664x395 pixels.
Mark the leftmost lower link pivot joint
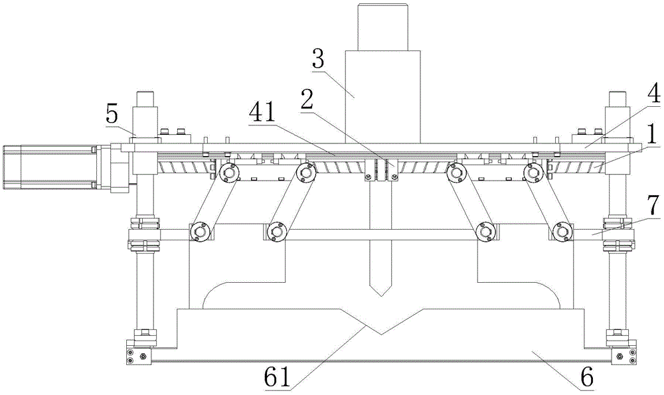[x=198, y=232]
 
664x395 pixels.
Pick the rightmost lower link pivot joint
[x=562, y=232]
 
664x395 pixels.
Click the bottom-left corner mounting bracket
[x=139, y=351]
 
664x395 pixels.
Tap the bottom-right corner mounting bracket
[x=623, y=351]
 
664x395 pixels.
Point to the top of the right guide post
[x=618, y=100]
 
